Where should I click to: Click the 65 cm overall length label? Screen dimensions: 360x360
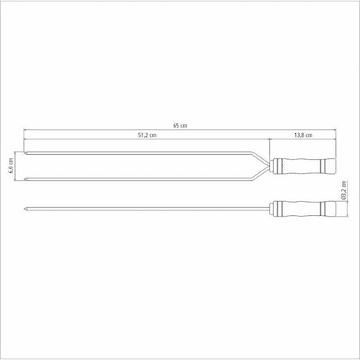tap(180, 125)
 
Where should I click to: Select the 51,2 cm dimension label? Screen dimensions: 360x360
tap(147, 135)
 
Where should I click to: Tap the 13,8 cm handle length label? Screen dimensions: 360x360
tap(303, 135)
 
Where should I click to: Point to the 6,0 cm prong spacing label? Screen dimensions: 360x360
tap(11, 166)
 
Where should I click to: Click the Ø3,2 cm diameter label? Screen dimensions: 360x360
tap(344, 190)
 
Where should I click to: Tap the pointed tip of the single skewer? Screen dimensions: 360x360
tap(25, 209)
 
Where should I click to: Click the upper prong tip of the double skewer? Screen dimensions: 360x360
tap(25, 153)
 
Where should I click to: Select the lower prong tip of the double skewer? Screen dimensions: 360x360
tap(25, 179)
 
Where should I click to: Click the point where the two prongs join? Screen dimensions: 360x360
tap(268, 166)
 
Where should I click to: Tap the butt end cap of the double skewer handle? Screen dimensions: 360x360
tap(330, 166)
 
